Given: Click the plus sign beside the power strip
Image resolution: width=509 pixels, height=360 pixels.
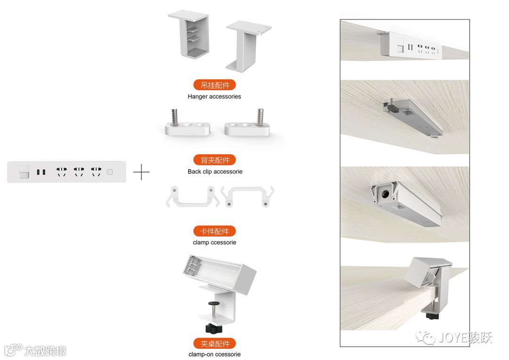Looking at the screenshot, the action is [x=141, y=172].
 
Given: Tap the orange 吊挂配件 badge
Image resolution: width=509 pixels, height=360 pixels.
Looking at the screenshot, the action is [x=214, y=85].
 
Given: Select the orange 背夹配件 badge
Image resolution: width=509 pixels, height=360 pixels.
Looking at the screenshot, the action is [x=214, y=160].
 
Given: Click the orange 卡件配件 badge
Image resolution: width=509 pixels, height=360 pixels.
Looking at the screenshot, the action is [x=214, y=231].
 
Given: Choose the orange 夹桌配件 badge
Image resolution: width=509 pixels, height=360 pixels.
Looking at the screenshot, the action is [x=214, y=344].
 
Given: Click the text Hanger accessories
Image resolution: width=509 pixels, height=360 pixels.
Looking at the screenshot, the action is [x=214, y=97].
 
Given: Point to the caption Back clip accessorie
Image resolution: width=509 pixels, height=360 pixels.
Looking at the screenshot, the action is [x=215, y=172].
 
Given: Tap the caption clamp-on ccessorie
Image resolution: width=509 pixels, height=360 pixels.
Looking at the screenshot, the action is [x=214, y=354].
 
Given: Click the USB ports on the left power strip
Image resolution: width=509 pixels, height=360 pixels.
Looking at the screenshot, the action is [x=41, y=172].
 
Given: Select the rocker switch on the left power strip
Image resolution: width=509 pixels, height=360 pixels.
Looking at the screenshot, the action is [x=24, y=172].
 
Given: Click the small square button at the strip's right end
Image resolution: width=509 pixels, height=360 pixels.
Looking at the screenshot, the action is [x=110, y=172].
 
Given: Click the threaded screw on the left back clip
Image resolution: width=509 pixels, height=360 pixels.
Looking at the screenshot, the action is [x=175, y=116].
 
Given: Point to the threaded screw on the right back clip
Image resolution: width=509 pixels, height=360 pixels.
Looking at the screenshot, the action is [x=260, y=116].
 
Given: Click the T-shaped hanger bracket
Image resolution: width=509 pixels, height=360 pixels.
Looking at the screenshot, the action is [x=248, y=45].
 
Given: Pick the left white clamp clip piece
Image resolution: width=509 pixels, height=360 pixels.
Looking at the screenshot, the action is [x=192, y=196].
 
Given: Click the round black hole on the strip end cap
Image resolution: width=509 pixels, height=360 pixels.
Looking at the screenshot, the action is [x=386, y=195].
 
